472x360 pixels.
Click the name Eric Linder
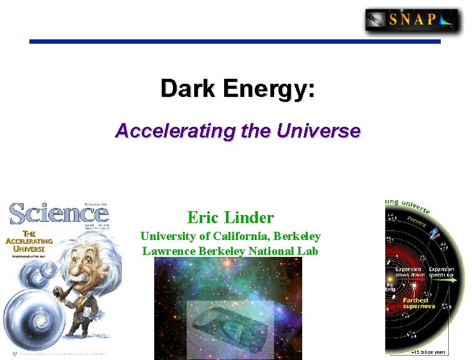pyautogui.click(x=230, y=217)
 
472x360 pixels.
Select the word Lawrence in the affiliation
pyautogui.click(x=167, y=251)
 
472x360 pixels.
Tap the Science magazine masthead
pyautogui.click(x=59, y=214)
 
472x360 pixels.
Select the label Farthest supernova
pyautogui.click(x=416, y=304)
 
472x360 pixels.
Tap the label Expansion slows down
pyautogui.click(x=410, y=272)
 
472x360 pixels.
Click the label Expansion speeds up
pyautogui.click(x=441, y=272)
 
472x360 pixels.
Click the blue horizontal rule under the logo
pyautogui.click(x=235, y=42)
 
